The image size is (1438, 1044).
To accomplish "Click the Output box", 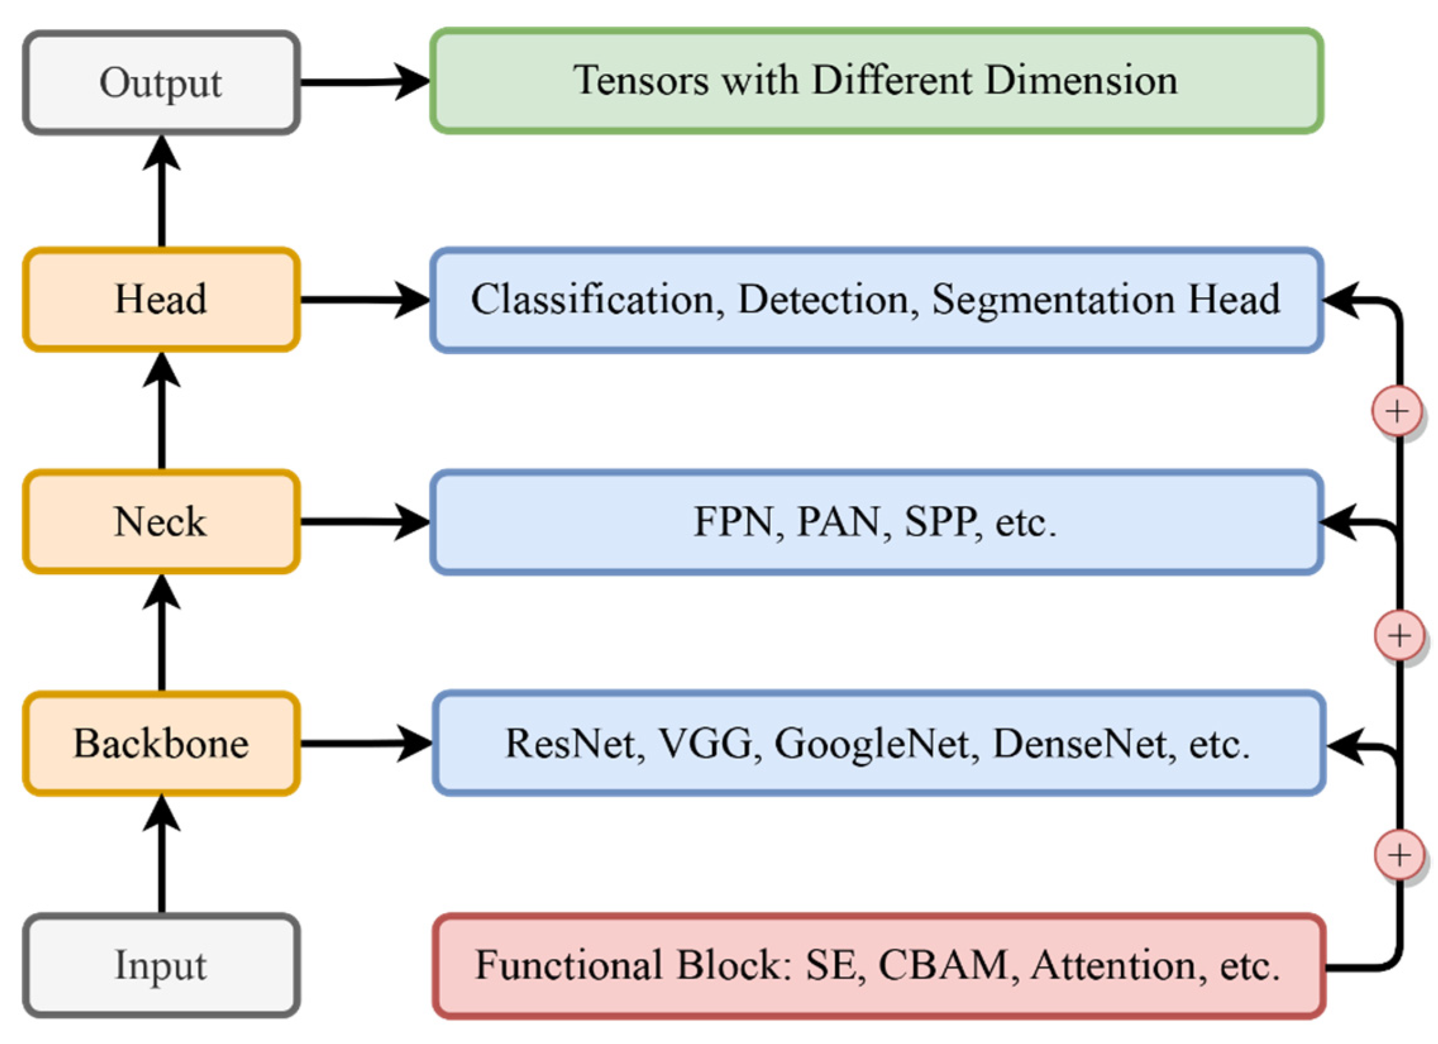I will (161, 82).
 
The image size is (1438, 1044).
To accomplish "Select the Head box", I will (161, 299).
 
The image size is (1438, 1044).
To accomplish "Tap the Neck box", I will (161, 522).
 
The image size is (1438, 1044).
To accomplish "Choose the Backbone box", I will (161, 744).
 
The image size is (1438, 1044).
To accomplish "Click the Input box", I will (161, 966).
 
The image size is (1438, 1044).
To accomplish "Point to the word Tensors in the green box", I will (641, 81).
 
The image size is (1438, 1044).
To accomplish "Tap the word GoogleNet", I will (872, 744).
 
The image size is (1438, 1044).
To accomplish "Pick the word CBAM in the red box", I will (943, 966).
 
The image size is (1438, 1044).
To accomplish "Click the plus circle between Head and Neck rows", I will (1397, 412).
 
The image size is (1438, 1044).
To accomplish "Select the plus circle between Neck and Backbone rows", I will (1399, 635).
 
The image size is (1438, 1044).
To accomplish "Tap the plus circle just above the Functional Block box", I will (1399, 855).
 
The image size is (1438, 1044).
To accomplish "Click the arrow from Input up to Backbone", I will (162, 856).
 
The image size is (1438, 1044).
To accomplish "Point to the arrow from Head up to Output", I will (162, 190).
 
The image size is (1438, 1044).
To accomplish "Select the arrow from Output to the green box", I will (365, 82).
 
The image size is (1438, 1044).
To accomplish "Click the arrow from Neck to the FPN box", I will (365, 522).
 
